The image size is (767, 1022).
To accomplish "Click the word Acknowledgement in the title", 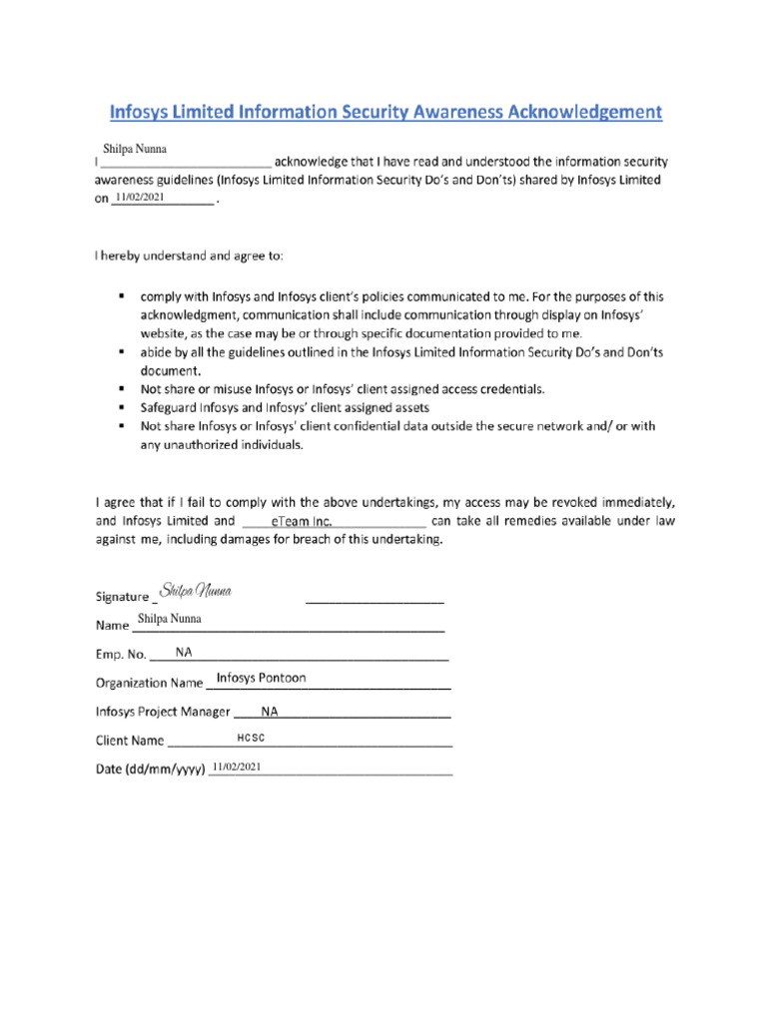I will [x=577, y=113].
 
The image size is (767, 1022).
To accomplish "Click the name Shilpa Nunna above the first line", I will [x=142, y=149].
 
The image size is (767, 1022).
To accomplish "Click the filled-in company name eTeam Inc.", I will [x=302, y=522].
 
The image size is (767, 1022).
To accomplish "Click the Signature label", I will [x=122, y=597].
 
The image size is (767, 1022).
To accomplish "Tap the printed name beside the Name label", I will [x=170, y=619].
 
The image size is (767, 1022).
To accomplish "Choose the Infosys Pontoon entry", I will [x=262, y=679].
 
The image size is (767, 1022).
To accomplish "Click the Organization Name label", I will [x=149, y=685].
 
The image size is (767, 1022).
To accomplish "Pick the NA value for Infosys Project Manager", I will [x=270, y=712].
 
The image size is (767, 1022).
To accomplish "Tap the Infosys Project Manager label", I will [x=163, y=713].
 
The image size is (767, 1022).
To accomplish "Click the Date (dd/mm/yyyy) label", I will [x=149, y=770].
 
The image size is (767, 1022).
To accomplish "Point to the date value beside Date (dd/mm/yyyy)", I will [x=236, y=766].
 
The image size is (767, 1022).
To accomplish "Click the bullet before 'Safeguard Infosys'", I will [x=121, y=408].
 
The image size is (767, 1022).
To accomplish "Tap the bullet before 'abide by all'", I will [x=121, y=353].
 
